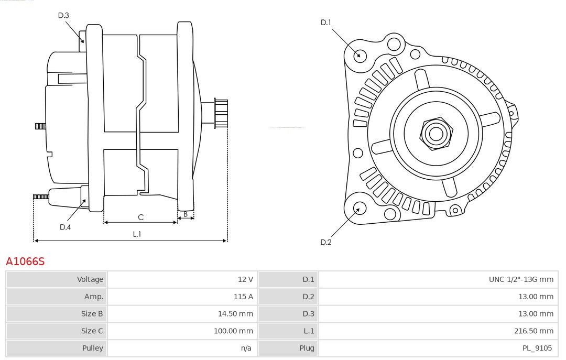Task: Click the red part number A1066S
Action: tap(25, 261)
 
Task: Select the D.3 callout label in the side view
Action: tap(63, 15)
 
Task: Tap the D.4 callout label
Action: tap(66, 227)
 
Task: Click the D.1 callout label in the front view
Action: tap(325, 23)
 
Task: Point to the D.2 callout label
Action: tap(325, 242)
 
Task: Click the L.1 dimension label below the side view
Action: tap(137, 234)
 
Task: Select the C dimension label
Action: tap(141, 217)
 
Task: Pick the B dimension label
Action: tap(186, 214)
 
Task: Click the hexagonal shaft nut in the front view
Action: tap(436, 134)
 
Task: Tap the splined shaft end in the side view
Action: tap(221, 113)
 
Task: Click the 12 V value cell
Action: tap(245, 279)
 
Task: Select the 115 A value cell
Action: tap(243, 297)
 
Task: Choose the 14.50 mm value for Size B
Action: tap(235, 314)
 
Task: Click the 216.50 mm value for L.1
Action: tap(534, 331)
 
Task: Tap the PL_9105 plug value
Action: tap(537, 348)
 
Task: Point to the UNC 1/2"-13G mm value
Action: tap(521, 279)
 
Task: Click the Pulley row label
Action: tap(93, 348)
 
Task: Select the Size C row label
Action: tap(92, 331)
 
